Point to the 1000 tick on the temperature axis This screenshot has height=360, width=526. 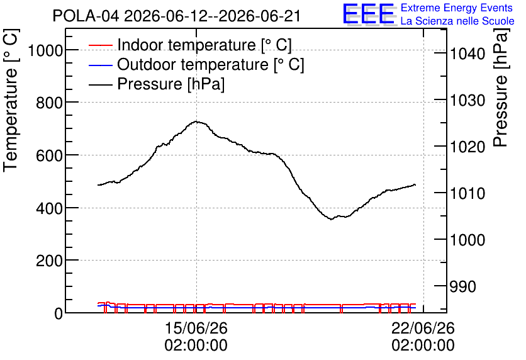46,50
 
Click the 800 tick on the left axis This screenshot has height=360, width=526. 50,103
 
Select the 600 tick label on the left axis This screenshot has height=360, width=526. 50,155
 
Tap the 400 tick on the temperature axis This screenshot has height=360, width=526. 50,208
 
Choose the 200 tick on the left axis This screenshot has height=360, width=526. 50,261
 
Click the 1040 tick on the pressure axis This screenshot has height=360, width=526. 467,53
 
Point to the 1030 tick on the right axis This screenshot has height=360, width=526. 467,100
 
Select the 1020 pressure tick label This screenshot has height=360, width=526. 467,147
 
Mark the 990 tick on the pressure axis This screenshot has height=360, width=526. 463,286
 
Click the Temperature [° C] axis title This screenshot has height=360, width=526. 11,100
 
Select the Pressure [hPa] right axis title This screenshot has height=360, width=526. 501,87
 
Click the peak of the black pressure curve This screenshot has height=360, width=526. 196,121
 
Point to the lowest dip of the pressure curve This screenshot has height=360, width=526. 331,219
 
